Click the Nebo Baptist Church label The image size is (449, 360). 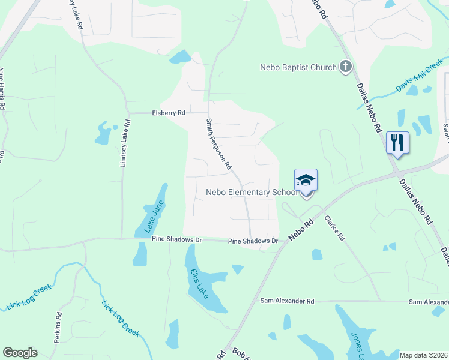(298, 67)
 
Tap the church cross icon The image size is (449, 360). (345, 67)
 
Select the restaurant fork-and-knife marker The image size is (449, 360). (397, 143)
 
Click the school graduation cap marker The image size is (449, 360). (306, 180)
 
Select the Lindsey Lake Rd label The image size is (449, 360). (125, 142)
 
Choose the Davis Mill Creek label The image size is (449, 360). (418, 79)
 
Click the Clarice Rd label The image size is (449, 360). (335, 228)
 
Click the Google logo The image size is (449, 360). (20, 353)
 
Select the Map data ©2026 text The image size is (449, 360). (424, 355)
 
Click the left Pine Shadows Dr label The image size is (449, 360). (176, 239)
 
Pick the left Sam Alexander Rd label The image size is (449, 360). (287, 301)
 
